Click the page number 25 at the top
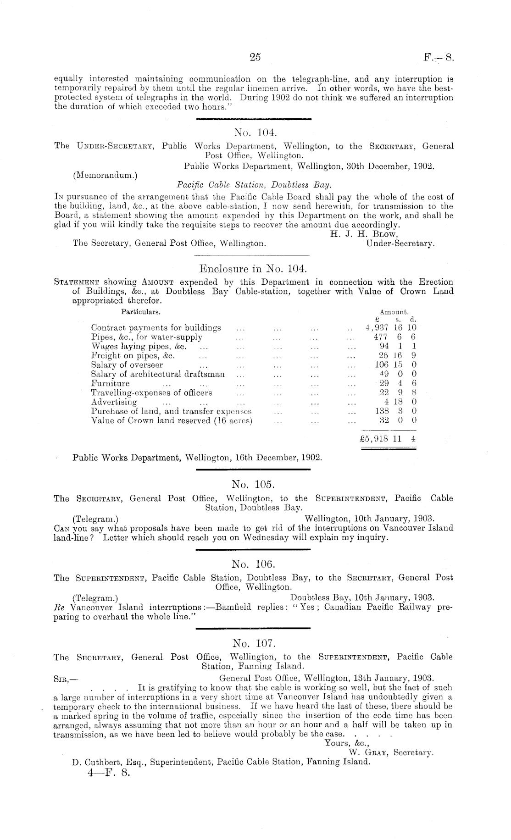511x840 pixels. pos(255,57)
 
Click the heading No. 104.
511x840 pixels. pos(254,133)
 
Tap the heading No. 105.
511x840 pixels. pos(253,485)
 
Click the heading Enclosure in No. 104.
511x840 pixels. pos(253,269)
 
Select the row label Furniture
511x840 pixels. pos(110,383)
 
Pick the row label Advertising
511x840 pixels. pos(114,402)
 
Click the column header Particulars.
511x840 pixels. pos(140,312)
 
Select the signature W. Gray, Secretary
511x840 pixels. pos(391,752)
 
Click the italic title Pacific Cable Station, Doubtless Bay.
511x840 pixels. pos(254,185)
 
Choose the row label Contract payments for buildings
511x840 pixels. pos(156,328)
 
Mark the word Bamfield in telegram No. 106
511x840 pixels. pos(233,608)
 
